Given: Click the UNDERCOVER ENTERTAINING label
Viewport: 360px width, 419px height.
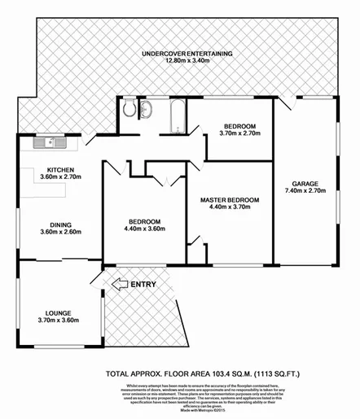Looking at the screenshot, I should pyautogui.click(x=187, y=55).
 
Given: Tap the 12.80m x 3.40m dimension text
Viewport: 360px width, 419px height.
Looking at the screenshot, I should pyautogui.click(x=187, y=62).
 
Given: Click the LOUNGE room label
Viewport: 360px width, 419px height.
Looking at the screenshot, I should pyautogui.click(x=49, y=312).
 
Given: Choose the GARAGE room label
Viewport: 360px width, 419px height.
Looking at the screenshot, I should pyautogui.click(x=305, y=184).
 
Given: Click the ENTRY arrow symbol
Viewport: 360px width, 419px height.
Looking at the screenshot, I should pyautogui.click(x=118, y=284).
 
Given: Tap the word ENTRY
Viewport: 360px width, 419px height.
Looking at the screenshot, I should pyautogui.click(x=143, y=284).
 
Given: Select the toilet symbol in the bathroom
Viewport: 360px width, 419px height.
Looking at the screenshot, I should pyautogui.click(x=130, y=109).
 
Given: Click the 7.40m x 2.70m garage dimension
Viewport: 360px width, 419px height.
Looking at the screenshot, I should pyautogui.click(x=305, y=191).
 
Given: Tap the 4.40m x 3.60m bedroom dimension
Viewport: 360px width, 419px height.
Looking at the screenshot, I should pyautogui.click(x=143, y=229).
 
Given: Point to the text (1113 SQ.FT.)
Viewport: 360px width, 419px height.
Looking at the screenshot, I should pyautogui.click(x=274, y=375).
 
